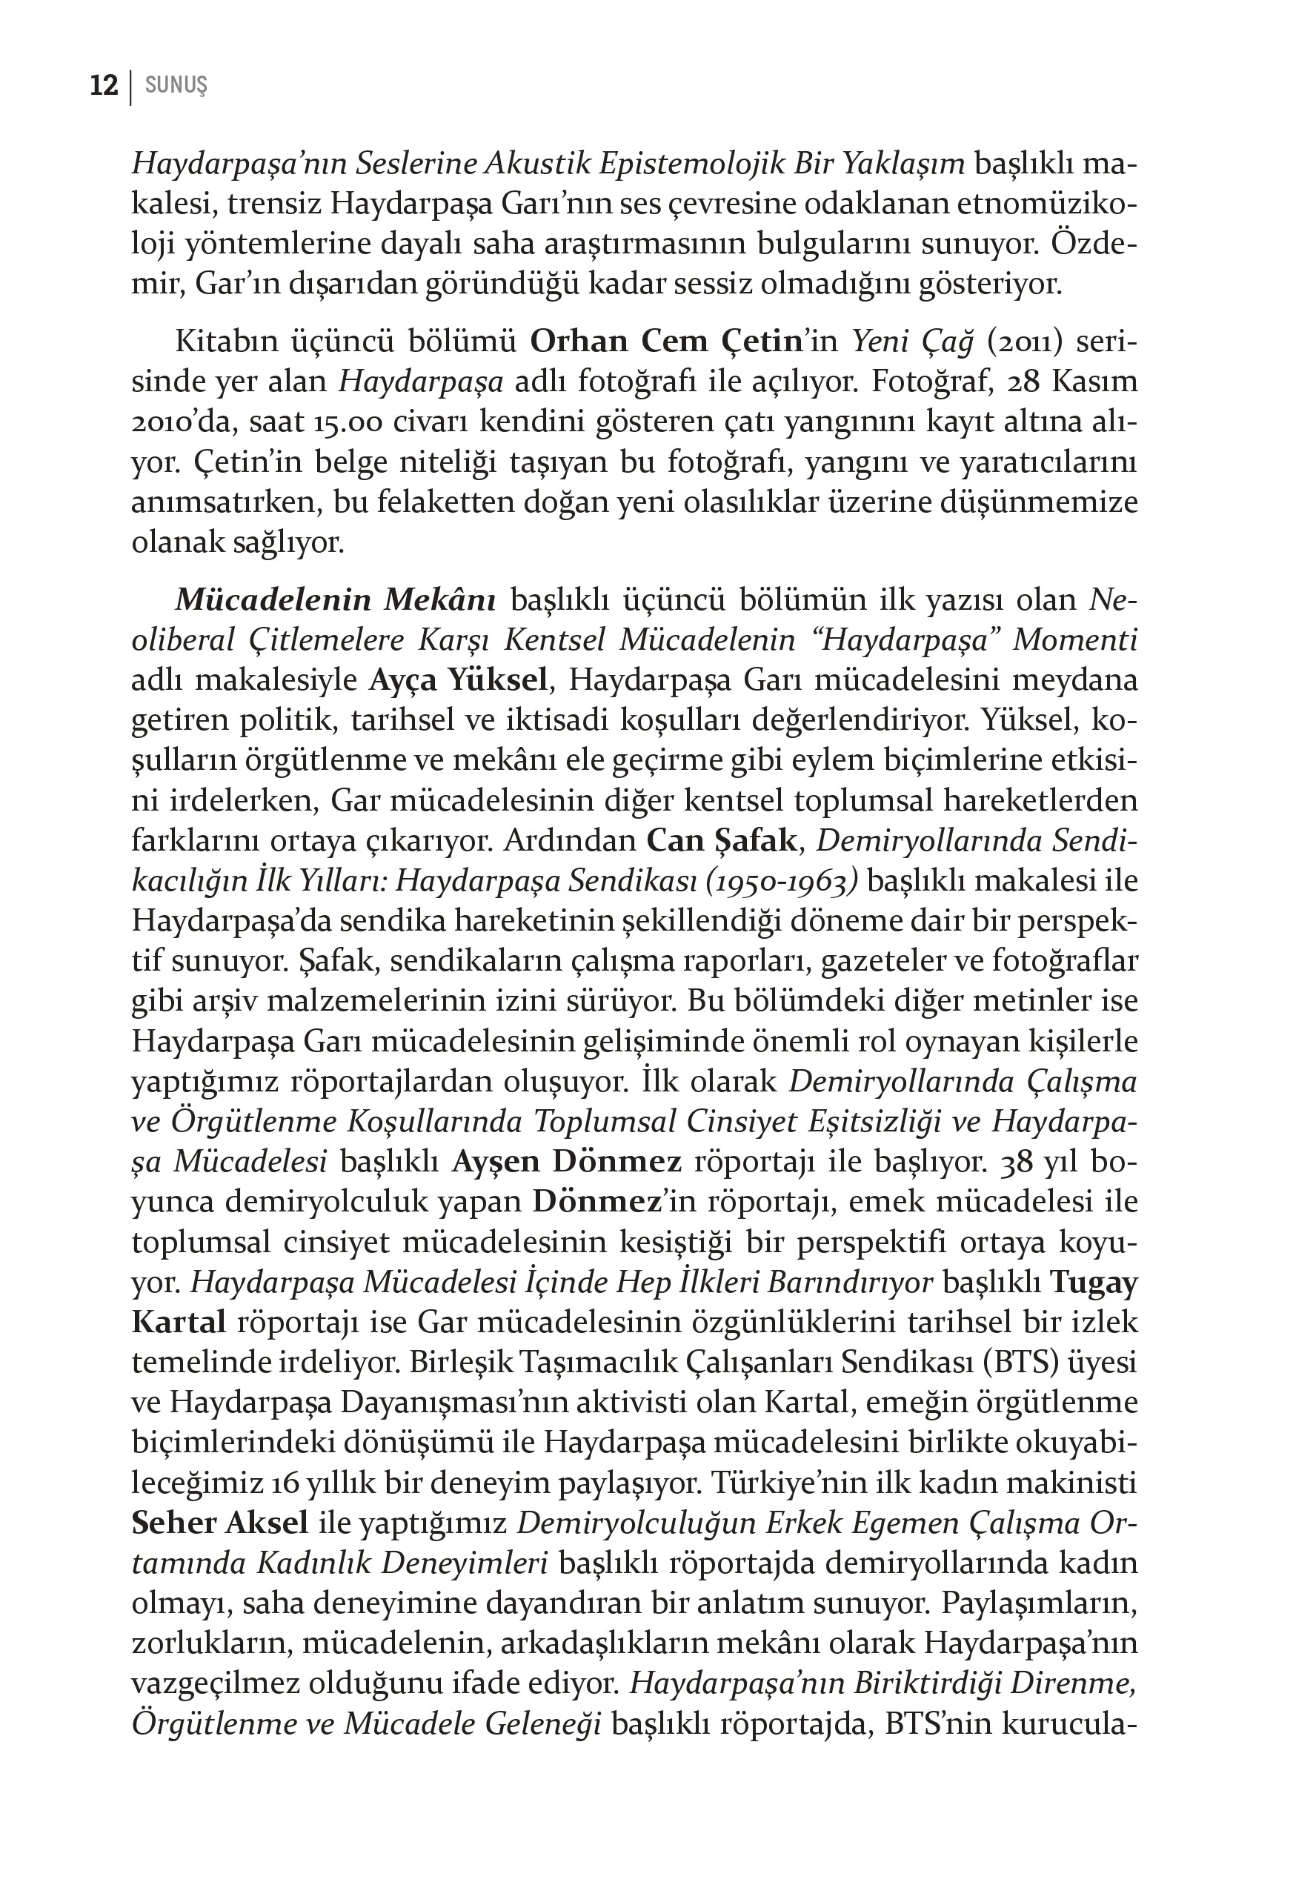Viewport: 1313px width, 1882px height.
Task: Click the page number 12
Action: pos(104,85)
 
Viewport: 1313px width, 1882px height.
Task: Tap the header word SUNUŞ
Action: pos(176,85)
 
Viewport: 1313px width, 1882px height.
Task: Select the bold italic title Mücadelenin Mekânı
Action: pos(335,599)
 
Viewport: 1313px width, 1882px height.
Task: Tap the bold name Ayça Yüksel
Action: pos(457,679)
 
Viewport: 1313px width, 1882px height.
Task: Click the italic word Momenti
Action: pos(1074,639)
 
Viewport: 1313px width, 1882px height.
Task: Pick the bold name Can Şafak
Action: pos(721,840)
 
